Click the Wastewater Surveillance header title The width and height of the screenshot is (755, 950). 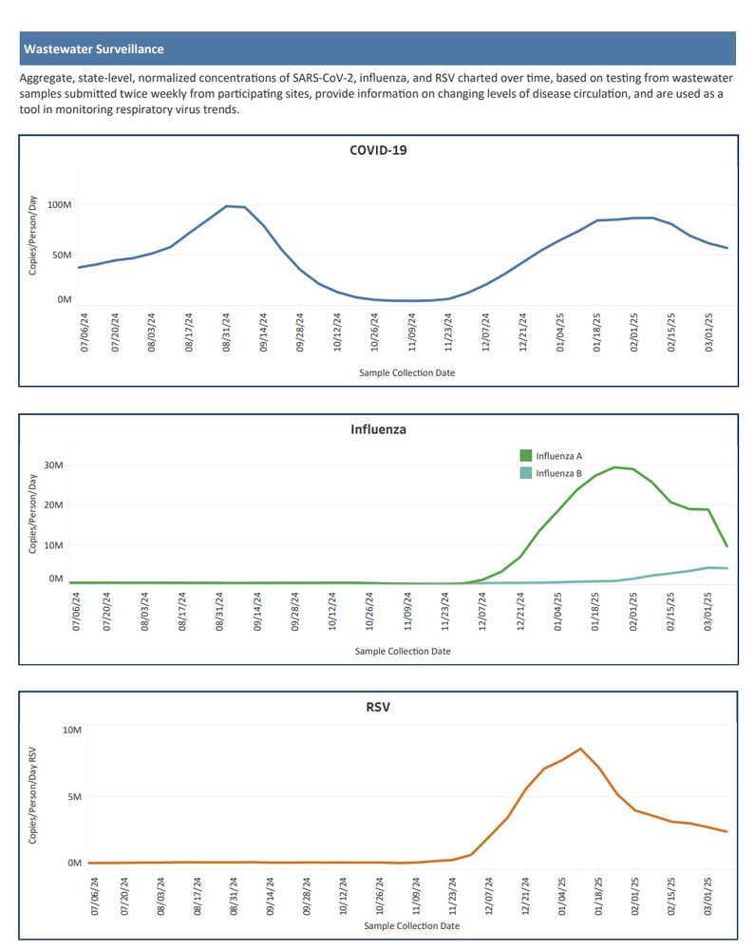coord(93,48)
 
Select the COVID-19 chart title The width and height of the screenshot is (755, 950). coord(378,150)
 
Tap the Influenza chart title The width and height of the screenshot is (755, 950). coord(378,429)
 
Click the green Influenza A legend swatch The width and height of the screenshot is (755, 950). coord(524,456)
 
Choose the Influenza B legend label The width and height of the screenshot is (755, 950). coord(558,473)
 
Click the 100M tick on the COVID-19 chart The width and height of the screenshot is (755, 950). coord(59,205)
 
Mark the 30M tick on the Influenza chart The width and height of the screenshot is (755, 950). coord(52,465)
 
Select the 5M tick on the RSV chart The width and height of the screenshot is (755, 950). coord(72,796)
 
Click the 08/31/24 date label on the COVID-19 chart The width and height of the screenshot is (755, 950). coord(226,332)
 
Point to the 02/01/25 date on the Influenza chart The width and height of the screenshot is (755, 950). coord(633,611)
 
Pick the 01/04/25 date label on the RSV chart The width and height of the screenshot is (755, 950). coord(563,893)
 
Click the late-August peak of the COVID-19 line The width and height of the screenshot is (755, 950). coord(228,205)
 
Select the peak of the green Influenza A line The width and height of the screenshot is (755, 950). coord(614,466)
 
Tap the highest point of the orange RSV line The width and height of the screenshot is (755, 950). coord(580,749)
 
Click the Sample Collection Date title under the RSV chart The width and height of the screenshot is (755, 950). coord(411,925)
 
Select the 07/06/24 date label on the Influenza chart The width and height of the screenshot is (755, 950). coord(77,611)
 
